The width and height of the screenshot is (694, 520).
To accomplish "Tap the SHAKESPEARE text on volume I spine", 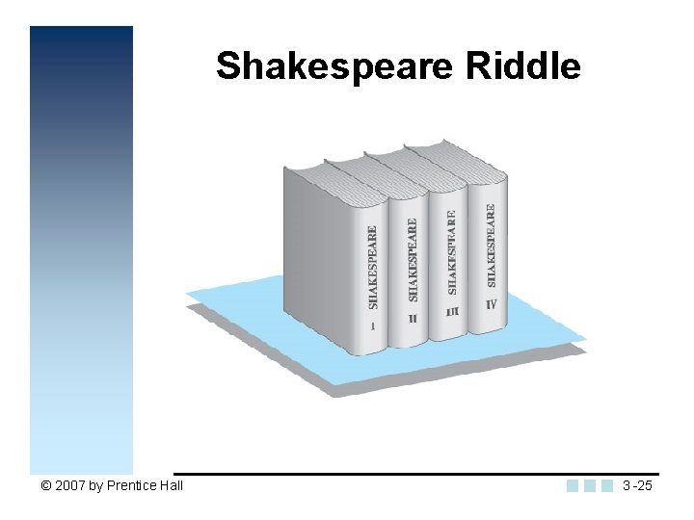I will tap(373, 267).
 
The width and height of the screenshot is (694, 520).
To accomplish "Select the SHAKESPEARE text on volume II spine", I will tap(413, 258).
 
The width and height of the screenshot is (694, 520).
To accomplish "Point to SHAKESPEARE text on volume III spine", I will tap(452, 252).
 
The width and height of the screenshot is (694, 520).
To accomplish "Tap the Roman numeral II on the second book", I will tap(414, 319).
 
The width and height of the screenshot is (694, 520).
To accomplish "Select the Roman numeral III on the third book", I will tap(453, 312).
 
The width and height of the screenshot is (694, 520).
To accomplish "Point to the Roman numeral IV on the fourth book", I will tap(492, 304).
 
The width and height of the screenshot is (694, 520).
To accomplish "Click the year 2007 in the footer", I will tap(71, 485).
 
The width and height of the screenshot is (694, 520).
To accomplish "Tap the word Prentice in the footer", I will tap(131, 485).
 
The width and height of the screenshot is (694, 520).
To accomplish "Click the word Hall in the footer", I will tap(171, 485).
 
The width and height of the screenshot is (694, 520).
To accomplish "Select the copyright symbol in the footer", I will tap(45, 485).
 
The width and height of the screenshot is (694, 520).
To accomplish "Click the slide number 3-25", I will tap(637, 485).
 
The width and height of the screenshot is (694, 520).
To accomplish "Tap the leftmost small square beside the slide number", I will tap(573, 485).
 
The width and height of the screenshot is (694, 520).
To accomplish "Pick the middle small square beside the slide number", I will tap(590, 485).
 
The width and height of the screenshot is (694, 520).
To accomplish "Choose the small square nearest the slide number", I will tap(607, 485).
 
